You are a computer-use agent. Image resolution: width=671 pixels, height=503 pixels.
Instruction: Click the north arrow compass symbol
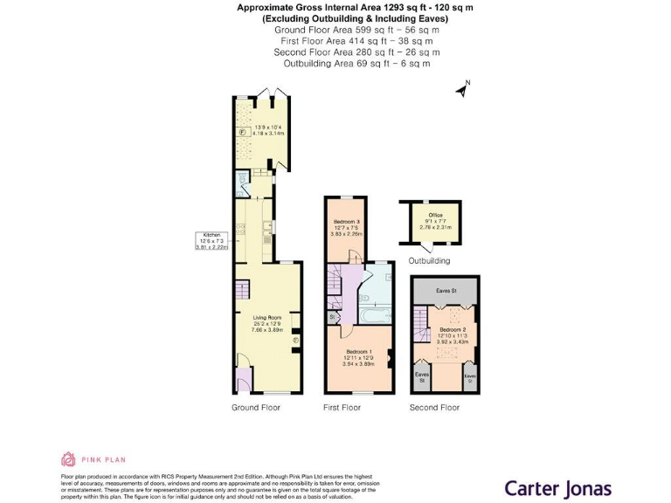pyautogui.click(x=462, y=87)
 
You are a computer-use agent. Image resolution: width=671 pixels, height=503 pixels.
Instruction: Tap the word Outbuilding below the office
pyautogui.click(x=429, y=260)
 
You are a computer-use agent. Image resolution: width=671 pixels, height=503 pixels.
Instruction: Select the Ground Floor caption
pyautogui.click(x=256, y=408)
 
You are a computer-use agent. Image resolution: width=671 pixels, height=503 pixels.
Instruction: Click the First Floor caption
pyautogui.click(x=342, y=408)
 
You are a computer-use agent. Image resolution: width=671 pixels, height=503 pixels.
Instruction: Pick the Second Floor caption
pyautogui.click(x=434, y=408)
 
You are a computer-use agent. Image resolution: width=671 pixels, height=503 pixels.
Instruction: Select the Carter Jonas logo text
pyautogui.click(x=558, y=464)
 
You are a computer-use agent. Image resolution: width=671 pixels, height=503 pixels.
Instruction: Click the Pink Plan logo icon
pyautogui.click(x=67, y=458)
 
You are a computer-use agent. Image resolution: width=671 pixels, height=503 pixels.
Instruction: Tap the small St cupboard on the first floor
pyautogui.click(x=331, y=316)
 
